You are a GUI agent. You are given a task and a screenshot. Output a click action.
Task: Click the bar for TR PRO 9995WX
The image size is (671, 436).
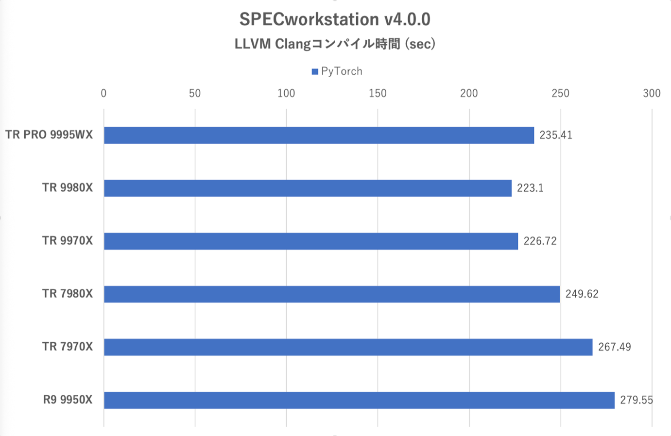tap(319, 135)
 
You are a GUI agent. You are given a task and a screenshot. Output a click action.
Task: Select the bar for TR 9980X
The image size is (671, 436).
tap(308, 188)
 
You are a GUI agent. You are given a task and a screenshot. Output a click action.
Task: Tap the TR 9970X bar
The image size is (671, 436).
tap(311, 241)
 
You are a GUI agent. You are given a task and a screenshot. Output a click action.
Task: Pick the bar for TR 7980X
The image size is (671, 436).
tap(332, 294)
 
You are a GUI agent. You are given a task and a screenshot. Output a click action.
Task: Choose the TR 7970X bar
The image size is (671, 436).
tap(348, 347)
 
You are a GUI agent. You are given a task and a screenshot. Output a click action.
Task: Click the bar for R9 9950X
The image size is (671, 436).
tap(359, 400)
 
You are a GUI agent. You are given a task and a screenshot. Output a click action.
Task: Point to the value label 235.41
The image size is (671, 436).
tap(556, 135)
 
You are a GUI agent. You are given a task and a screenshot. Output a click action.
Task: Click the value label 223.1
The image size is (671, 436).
tap(530, 188)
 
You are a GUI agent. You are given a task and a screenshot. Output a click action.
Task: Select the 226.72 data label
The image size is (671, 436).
tap(540, 241)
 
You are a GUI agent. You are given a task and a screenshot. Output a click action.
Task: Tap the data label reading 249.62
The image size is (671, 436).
tap(582, 294)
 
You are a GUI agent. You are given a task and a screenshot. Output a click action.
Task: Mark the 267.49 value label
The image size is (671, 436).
tap(614, 347)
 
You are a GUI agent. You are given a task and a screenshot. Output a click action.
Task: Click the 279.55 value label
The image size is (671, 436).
tap(636, 400)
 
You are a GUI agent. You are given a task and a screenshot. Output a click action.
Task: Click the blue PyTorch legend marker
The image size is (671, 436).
tap(315, 72)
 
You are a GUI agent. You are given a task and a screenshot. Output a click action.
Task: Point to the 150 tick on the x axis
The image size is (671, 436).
tap(378, 93)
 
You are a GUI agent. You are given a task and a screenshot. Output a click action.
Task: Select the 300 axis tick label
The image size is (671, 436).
tap(652, 93)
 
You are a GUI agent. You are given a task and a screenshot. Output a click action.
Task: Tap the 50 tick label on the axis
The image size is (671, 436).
tap(195, 93)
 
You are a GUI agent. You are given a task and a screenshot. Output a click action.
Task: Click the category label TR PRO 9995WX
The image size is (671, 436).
tap(49, 135)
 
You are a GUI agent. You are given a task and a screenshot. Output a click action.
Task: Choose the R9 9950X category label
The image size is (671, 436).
tap(68, 400)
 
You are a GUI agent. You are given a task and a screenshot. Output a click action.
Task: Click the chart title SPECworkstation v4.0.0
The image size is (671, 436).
tap(335, 19)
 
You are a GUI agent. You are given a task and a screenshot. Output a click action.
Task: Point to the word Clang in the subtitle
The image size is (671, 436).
tap(292, 44)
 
